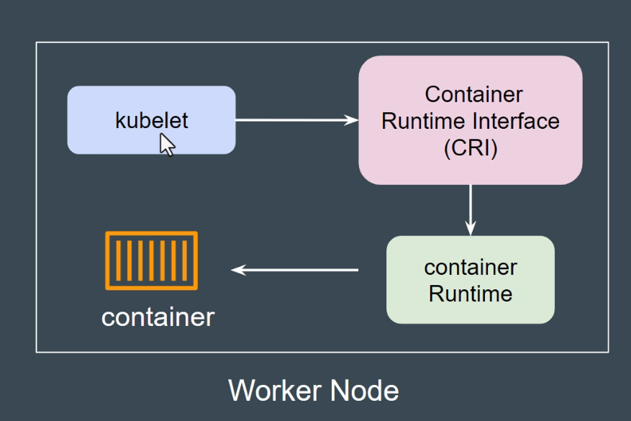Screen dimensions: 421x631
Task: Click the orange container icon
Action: point(151,261)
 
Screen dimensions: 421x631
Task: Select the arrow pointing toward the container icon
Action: point(295,270)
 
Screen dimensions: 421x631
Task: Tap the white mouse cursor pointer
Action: point(167,145)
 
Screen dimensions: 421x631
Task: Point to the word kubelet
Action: point(151,119)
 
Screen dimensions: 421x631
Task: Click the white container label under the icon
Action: point(158,317)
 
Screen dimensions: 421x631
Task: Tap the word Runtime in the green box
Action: point(471,294)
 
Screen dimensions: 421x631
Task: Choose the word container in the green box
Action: point(471,267)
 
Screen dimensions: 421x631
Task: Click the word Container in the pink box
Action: point(473,94)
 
